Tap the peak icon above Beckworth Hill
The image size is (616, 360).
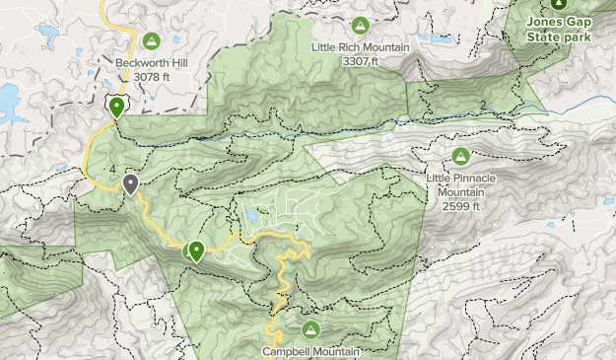pyautogui.click(x=151, y=40)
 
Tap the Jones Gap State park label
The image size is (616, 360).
pyautogui.click(x=559, y=30)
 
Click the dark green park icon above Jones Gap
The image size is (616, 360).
pyautogui.click(x=559, y=4)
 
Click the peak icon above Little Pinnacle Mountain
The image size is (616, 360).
pyautogui.click(x=460, y=156)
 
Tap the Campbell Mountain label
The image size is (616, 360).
pyautogui.click(x=311, y=350)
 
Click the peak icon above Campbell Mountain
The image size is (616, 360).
pyautogui.click(x=311, y=328)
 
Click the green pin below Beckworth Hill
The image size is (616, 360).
pyautogui.click(x=117, y=107)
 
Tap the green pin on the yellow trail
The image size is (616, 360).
pyautogui.click(x=196, y=252)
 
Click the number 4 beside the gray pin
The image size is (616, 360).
pyautogui.click(x=114, y=171)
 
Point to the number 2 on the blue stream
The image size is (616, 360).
pyautogui.click(x=483, y=106)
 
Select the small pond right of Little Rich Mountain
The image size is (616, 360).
pyautogui.click(x=435, y=40)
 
